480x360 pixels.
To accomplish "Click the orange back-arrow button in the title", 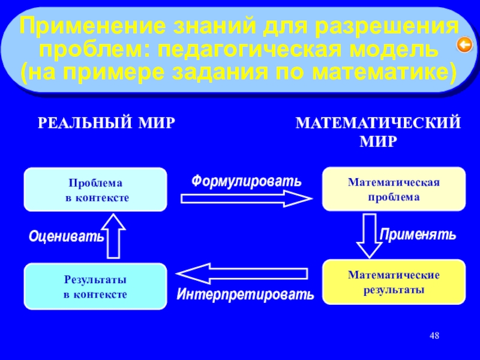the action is (x=463, y=44).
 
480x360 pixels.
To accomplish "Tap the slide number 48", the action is (x=434, y=334).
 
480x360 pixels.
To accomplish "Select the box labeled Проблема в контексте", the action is (x=95, y=190).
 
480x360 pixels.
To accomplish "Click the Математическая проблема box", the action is (x=394, y=189).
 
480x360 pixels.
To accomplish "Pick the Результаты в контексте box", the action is (x=95, y=287).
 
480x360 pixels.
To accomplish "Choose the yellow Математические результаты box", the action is (x=394, y=281).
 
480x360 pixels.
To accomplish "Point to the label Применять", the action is (x=418, y=234).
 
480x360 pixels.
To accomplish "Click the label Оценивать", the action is (x=66, y=237).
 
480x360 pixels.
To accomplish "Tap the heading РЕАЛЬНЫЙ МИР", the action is (x=107, y=124).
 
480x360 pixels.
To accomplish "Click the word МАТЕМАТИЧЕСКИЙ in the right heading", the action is (x=379, y=124).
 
